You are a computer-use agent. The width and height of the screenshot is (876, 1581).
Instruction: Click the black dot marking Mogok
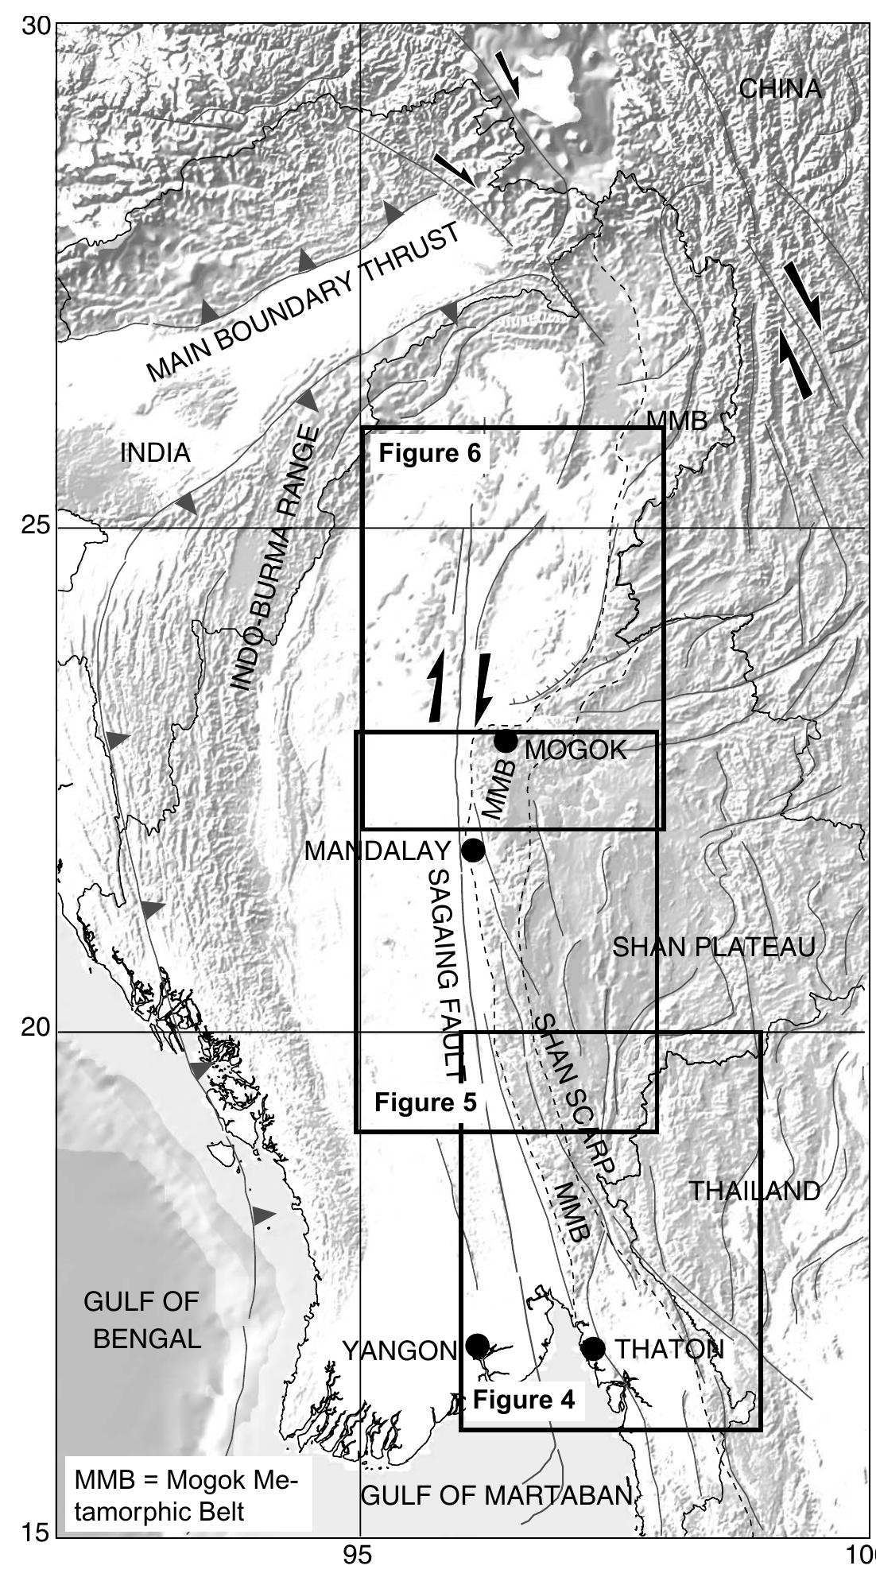[506, 742]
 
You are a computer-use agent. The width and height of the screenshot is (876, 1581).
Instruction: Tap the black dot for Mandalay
[473, 850]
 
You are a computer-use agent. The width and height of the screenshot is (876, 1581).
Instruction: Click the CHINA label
[780, 88]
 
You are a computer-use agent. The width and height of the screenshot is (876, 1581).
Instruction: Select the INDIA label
[155, 453]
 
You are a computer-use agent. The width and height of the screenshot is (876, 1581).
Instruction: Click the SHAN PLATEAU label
[714, 947]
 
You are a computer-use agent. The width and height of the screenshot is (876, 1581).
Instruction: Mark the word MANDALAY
[378, 851]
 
